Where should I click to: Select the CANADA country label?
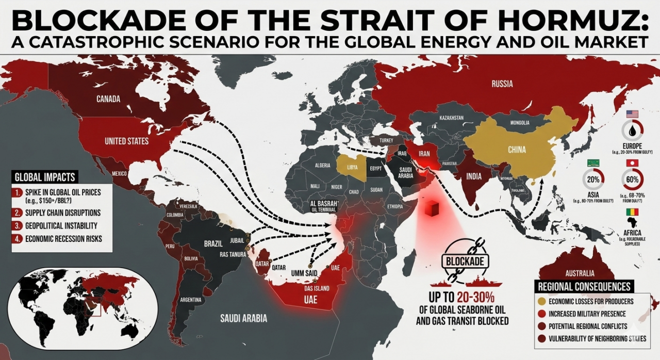108,99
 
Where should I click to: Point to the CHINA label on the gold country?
517,150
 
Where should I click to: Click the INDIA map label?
474,176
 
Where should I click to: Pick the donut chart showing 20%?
592,180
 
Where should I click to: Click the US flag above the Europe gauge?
632,114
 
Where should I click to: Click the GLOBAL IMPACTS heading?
45,177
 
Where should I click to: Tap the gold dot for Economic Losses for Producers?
541,302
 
